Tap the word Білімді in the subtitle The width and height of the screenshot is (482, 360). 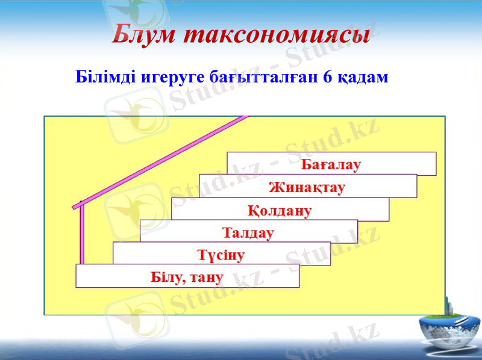click(x=105, y=78)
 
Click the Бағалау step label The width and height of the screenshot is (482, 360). click(x=331, y=164)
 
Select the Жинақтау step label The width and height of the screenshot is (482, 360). click(x=307, y=187)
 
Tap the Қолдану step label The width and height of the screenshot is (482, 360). click(x=280, y=211)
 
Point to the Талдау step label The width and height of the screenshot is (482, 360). click(x=248, y=232)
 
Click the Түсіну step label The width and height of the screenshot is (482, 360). click(x=221, y=255)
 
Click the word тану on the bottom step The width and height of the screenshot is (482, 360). click(x=208, y=278)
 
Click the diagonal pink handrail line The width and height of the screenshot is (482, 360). click(x=163, y=160)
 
